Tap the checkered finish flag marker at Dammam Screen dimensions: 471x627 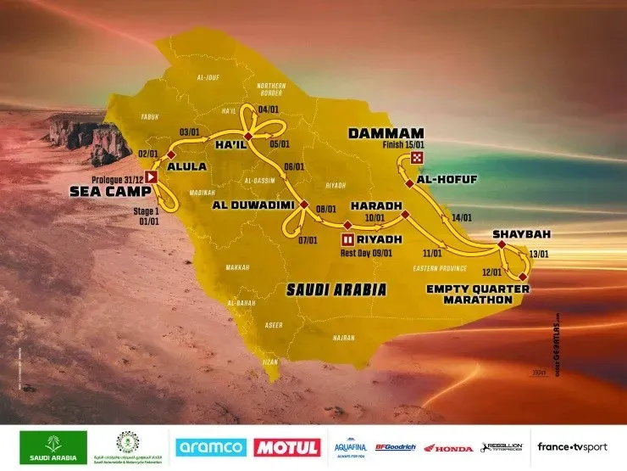[416, 159]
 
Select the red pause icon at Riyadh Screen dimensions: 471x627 [347, 225]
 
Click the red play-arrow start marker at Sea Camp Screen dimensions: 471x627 [153, 177]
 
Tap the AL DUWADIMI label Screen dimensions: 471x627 [245, 205]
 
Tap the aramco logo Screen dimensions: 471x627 [211, 447]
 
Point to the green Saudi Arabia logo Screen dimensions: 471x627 [54, 447]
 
